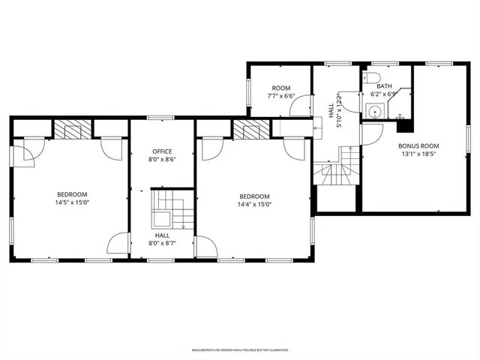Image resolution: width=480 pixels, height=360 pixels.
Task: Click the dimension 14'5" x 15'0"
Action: pyautogui.click(x=71, y=202)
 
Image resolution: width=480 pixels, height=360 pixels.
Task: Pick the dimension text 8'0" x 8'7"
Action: pyautogui.click(x=163, y=243)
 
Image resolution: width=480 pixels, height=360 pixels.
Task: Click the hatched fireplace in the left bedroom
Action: pyautogui.click(x=73, y=130)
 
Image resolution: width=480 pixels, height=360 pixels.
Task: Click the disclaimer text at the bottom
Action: pyautogui.click(x=240, y=350)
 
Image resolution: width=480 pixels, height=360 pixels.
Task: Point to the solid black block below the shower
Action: pyautogui.click(x=404, y=124)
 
